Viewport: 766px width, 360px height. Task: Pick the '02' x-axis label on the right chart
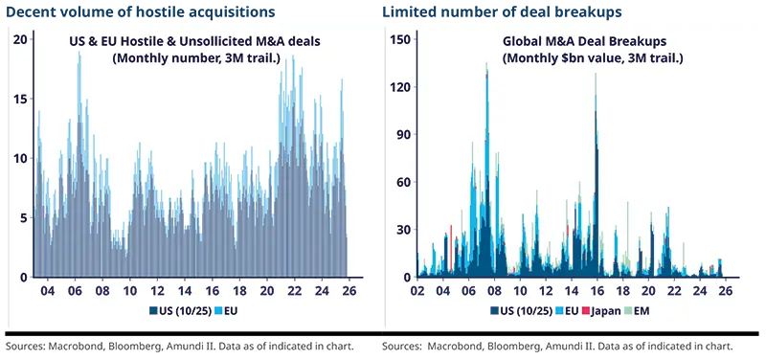point(417,290)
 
